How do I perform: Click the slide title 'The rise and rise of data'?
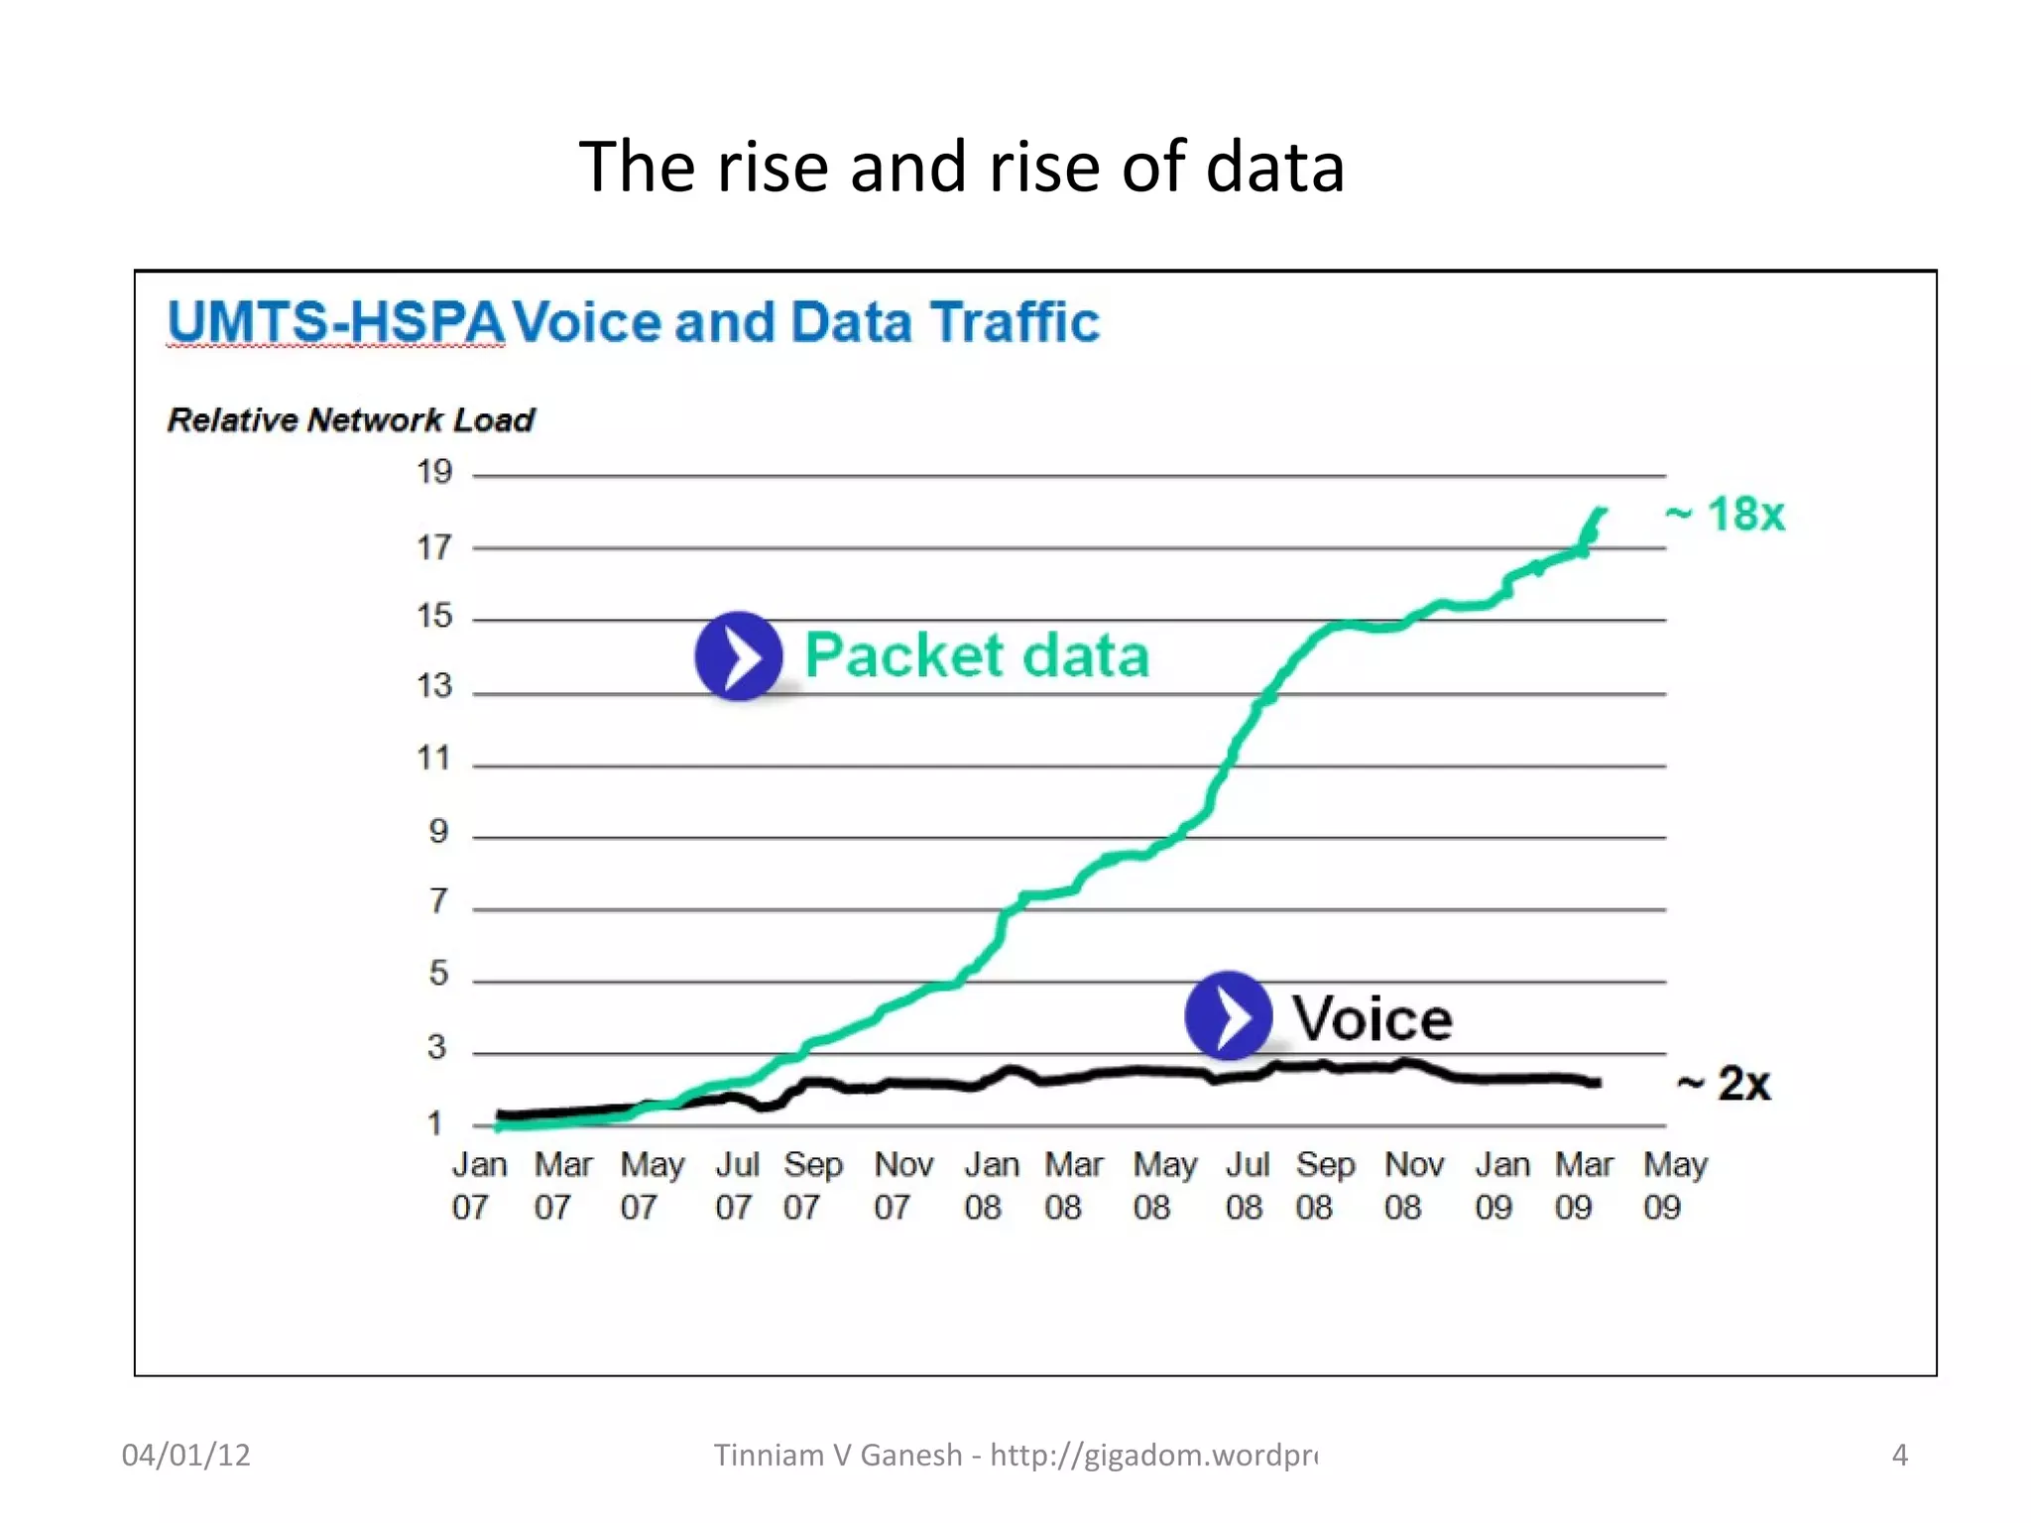(x=961, y=167)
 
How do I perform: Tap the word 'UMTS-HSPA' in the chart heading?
(x=335, y=322)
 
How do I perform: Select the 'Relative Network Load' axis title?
(x=350, y=419)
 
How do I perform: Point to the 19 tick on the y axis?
(x=434, y=472)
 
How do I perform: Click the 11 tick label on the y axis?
(x=433, y=759)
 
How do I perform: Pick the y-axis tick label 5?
(x=438, y=973)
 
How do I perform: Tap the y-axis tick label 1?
(x=434, y=1123)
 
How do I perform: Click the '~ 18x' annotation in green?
(x=1726, y=515)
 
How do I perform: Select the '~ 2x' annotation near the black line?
(x=1724, y=1083)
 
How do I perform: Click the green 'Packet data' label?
(x=977, y=655)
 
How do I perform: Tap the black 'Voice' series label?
(x=1373, y=1018)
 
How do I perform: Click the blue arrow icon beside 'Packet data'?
(x=739, y=656)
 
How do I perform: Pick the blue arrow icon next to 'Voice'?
(x=1229, y=1015)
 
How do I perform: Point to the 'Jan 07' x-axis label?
(x=478, y=1185)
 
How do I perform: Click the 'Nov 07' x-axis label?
(x=901, y=1185)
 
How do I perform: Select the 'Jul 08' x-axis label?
(x=1247, y=1185)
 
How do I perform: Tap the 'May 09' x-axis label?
(x=1674, y=1185)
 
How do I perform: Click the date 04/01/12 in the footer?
(x=185, y=1455)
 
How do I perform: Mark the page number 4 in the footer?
(x=1899, y=1455)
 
